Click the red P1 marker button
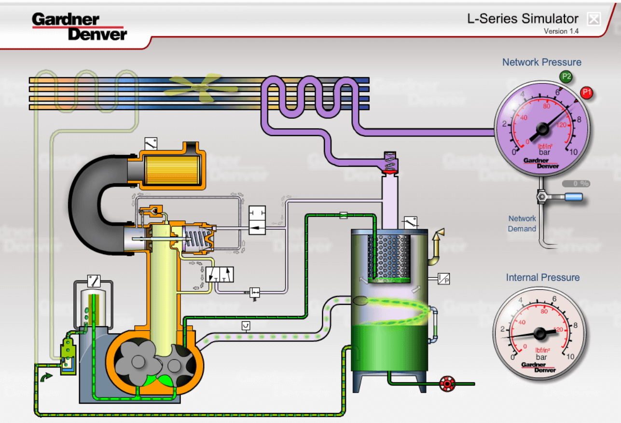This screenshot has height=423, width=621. pyautogui.click(x=587, y=93)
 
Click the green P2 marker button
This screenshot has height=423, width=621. pyautogui.click(x=566, y=76)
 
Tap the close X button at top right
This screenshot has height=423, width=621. pyautogui.click(x=593, y=19)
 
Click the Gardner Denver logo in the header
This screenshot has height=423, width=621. pyautogui.click(x=79, y=26)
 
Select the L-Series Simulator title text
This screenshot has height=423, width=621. pyautogui.click(x=523, y=19)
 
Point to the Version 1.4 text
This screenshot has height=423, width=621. pyautogui.click(x=561, y=31)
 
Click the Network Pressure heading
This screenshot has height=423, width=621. pyautogui.click(x=541, y=62)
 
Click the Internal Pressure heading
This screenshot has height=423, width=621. pyautogui.click(x=542, y=277)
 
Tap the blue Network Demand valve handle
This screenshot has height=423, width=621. pyautogui.click(x=573, y=197)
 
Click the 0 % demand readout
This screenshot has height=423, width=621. pyautogui.click(x=576, y=184)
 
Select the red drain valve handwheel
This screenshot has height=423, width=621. pyautogui.click(x=447, y=384)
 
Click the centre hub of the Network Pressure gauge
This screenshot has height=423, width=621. pyautogui.click(x=541, y=128)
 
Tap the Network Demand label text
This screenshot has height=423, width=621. pyautogui.click(x=522, y=224)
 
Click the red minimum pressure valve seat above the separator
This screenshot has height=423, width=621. pyautogui.click(x=389, y=171)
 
